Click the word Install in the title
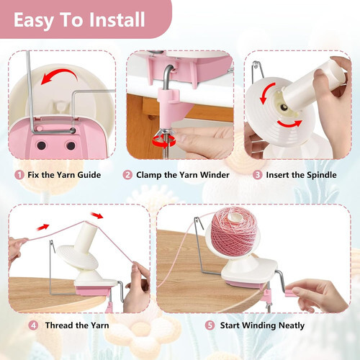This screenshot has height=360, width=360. (x=117, y=19)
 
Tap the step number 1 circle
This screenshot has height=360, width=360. (x=19, y=175)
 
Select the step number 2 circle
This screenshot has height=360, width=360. (x=127, y=175)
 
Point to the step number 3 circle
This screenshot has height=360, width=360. (x=257, y=175)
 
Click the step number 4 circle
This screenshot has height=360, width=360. (x=33, y=325)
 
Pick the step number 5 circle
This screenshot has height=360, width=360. (x=210, y=325)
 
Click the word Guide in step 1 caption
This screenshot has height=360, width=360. (x=89, y=175)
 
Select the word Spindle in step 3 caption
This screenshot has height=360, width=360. (x=322, y=175)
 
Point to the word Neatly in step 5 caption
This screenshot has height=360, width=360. (x=292, y=326)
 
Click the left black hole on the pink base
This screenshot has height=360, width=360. (x=41, y=145)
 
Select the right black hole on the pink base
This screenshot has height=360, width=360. (x=71, y=145)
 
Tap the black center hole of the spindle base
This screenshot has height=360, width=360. (x=284, y=107)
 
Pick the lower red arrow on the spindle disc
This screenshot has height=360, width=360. (x=289, y=124)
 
